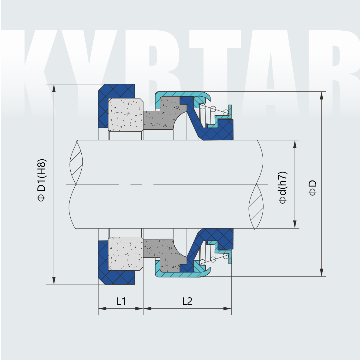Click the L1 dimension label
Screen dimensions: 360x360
121,301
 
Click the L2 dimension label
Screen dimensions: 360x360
187,301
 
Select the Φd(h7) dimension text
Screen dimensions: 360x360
283,187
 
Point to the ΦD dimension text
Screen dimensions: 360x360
312,187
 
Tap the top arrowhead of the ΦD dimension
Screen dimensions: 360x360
321,95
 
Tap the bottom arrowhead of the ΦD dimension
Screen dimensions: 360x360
321,272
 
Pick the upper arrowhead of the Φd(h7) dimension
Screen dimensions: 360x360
295,144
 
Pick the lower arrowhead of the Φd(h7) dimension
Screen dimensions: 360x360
295,224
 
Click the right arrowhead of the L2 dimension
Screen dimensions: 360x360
227,309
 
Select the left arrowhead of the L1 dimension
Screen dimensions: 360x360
102,309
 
